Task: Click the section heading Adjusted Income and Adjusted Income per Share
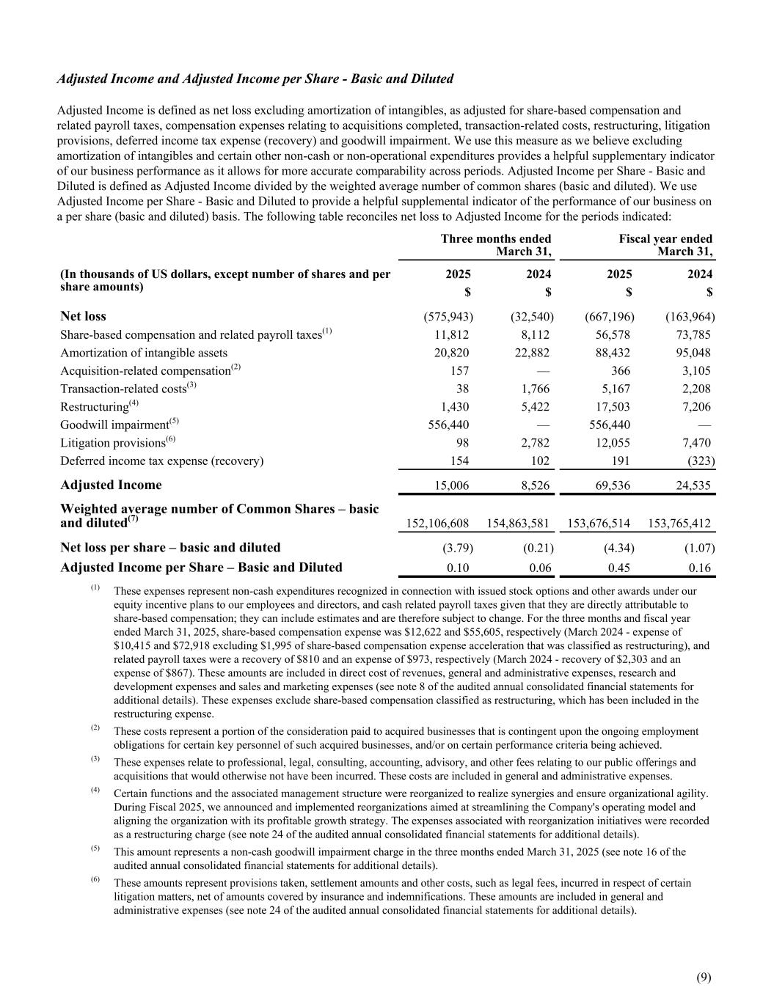(x=255, y=78)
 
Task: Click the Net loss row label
(x=83, y=316)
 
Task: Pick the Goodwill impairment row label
(x=114, y=425)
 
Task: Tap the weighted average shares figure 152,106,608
(x=437, y=523)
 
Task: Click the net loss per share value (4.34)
(x=614, y=548)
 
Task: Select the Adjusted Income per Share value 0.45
(x=619, y=568)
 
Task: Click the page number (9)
(x=704, y=976)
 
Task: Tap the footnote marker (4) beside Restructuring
(x=134, y=403)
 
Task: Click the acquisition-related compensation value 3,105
(x=695, y=370)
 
